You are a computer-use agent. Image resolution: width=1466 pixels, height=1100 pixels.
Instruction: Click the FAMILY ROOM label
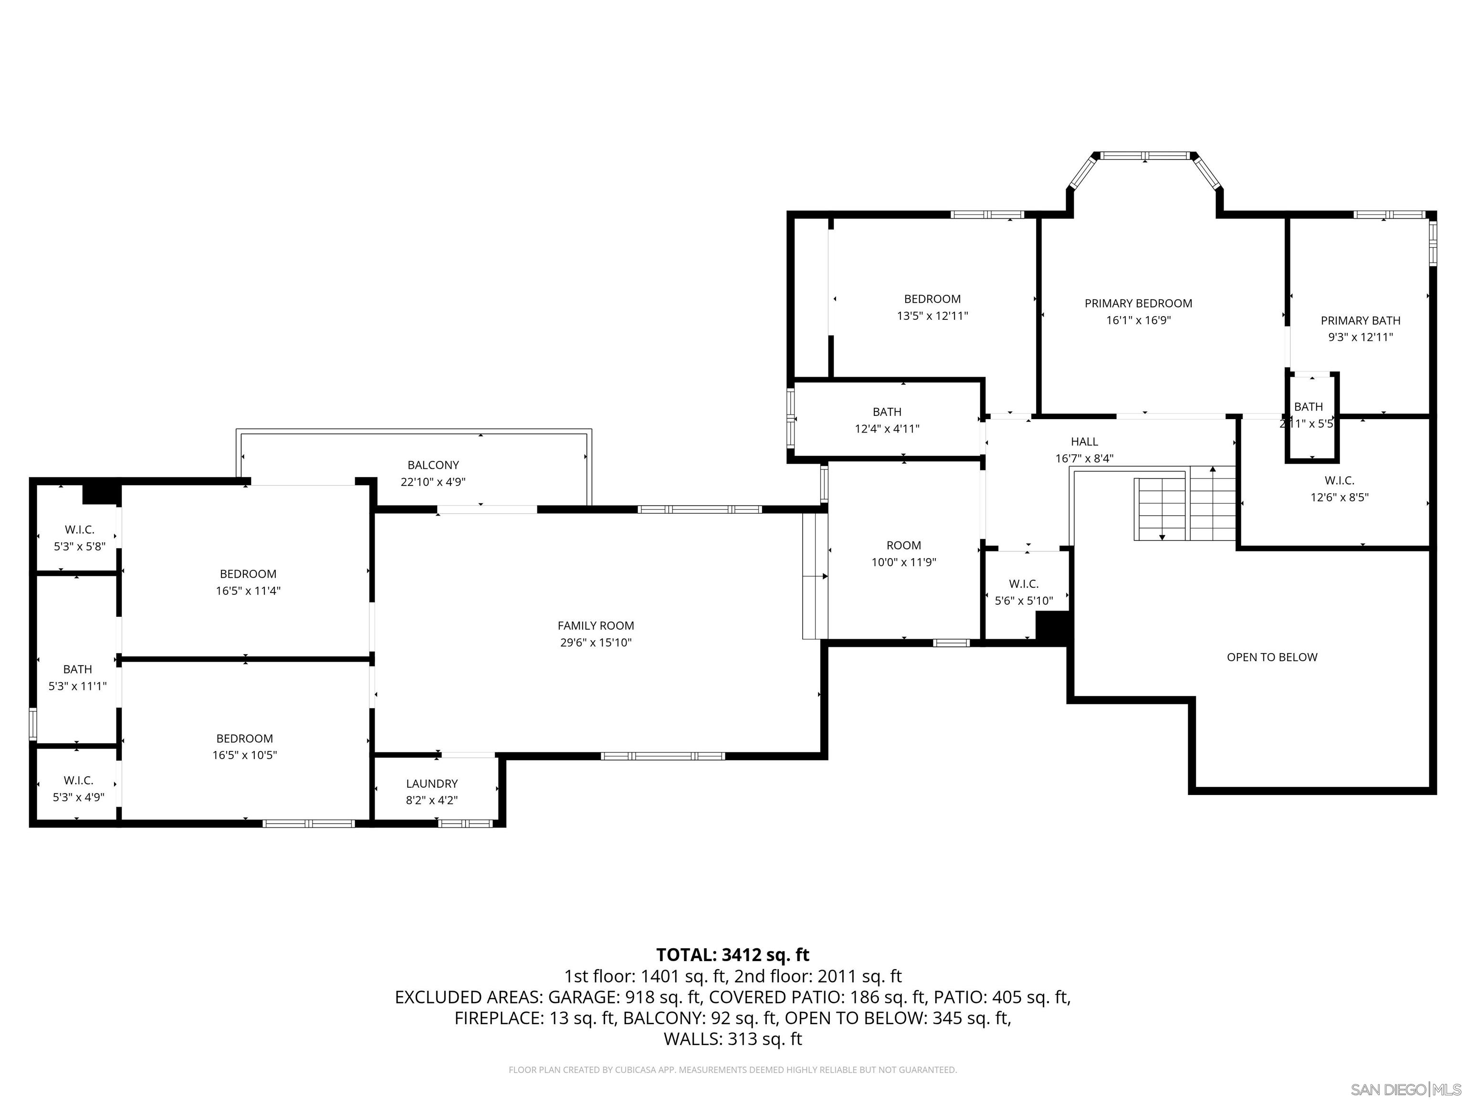[595, 625]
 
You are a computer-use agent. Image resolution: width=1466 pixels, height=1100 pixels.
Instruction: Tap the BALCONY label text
[433, 465]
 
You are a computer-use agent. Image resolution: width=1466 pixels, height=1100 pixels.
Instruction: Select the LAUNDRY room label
[431, 783]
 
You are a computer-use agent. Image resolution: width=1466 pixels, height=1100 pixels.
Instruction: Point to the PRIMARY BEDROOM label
[1138, 303]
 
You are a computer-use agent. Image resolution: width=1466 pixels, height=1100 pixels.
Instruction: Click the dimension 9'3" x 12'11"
[1360, 337]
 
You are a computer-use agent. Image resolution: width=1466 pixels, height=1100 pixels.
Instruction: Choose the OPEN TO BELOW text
[1271, 657]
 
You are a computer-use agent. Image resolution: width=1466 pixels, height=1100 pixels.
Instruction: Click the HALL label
[1084, 441]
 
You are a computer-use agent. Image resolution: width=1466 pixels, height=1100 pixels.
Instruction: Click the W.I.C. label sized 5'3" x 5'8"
[80, 529]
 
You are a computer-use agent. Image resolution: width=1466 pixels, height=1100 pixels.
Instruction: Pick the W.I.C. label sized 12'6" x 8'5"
[1339, 480]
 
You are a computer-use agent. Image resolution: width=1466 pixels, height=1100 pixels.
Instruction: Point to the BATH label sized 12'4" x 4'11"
[887, 412]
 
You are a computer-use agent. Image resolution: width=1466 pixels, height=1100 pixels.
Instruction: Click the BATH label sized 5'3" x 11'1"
[77, 669]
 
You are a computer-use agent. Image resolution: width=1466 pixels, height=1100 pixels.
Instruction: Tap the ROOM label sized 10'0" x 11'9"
[903, 545]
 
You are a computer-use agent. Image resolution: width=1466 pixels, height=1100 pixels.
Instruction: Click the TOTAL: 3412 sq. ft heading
[733, 955]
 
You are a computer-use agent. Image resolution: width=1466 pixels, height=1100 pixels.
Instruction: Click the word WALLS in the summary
[692, 1039]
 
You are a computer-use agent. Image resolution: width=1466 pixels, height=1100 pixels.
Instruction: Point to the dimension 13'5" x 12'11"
[932, 316]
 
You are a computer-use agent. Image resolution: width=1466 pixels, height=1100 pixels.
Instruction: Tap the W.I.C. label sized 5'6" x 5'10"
[1023, 583]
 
